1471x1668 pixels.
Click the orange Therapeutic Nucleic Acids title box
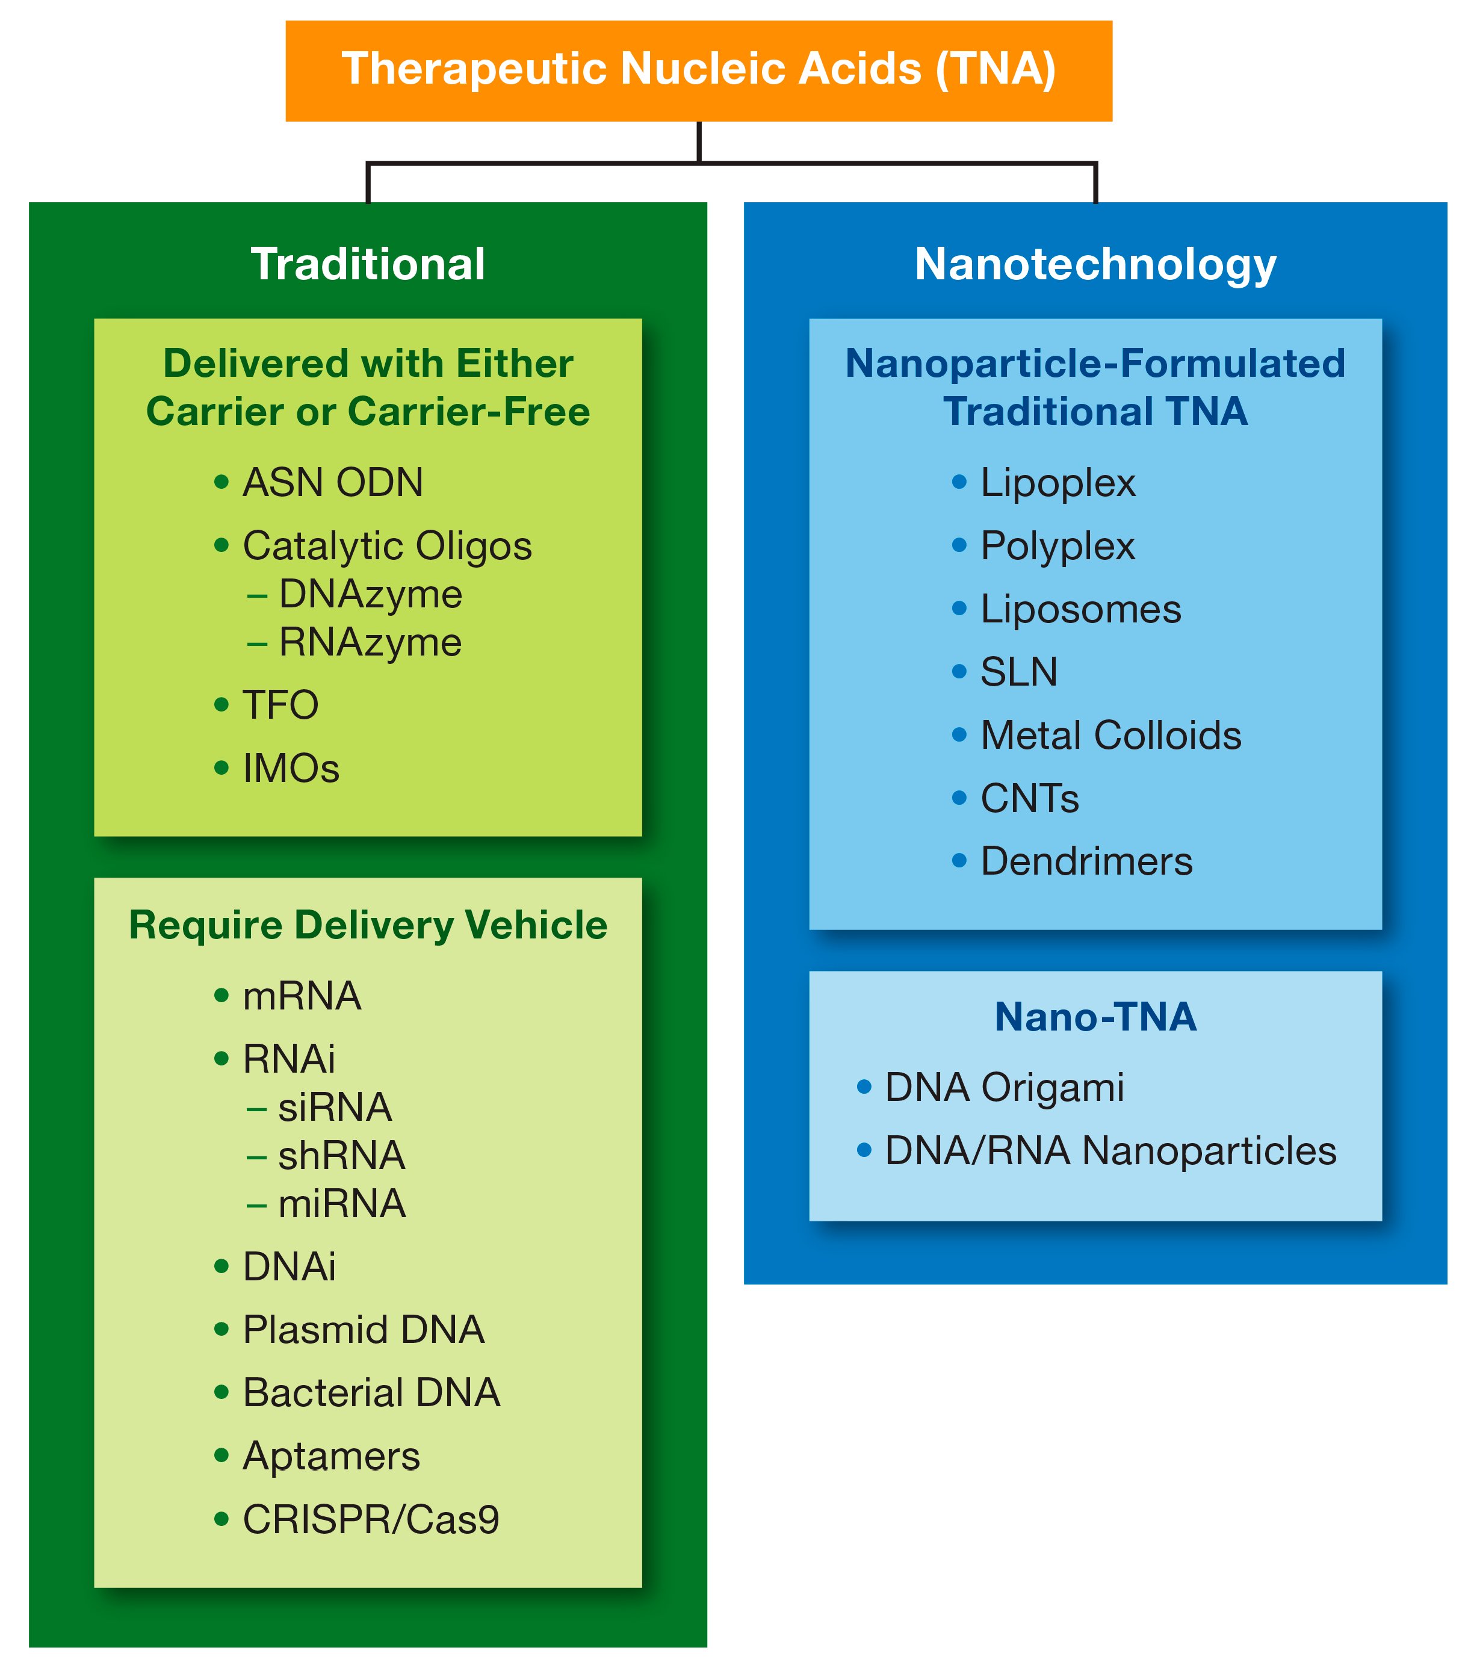point(698,70)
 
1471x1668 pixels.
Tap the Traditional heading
point(368,264)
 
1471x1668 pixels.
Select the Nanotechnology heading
point(1095,264)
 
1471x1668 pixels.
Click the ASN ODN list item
point(333,482)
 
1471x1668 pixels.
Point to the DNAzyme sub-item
point(370,594)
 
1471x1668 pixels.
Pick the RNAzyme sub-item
point(370,642)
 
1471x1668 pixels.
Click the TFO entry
point(280,705)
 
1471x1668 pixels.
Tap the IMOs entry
point(291,769)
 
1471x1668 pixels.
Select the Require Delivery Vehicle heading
point(368,925)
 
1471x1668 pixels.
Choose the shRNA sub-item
point(341,1156)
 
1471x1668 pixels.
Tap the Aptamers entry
point(331,1457)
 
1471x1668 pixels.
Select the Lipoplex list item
point(1058,482)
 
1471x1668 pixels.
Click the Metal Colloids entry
point(1110,735)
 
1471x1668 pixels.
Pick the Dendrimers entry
point(1086,862)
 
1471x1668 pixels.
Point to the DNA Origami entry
point(1005,1088)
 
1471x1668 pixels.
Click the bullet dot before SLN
point(959,672)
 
